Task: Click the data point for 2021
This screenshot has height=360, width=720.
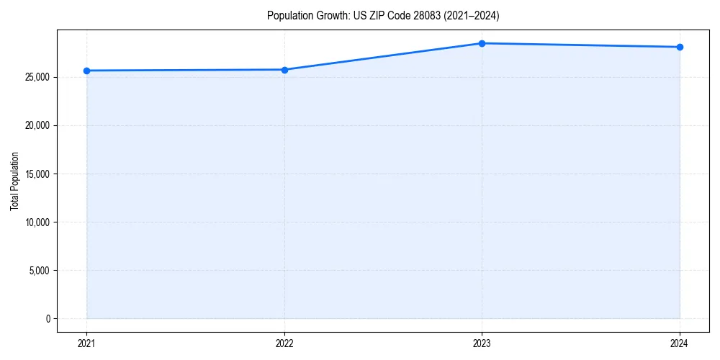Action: [86, 71]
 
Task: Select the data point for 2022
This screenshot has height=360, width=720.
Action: [284, 70]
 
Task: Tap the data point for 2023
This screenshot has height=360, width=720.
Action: [482, 43]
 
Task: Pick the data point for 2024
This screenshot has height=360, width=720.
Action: [680, 47]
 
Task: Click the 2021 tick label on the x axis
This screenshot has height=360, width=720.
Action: [86, 343]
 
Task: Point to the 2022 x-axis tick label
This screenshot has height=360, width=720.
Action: [284, 343]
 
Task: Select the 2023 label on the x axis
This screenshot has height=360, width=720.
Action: [482, 343]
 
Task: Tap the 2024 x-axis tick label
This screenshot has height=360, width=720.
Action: [680, 343]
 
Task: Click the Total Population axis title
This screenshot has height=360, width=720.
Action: [14, 181]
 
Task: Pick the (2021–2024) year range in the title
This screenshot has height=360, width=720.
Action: [469, 15]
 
